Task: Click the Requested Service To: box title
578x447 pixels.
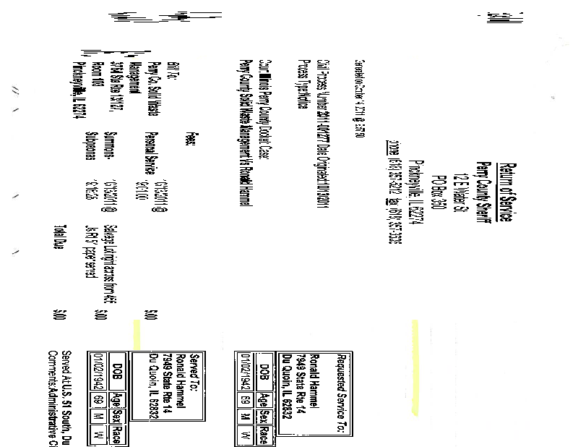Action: (x=341, y=391)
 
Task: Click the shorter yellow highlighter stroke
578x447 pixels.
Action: (x=135, y=333)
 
